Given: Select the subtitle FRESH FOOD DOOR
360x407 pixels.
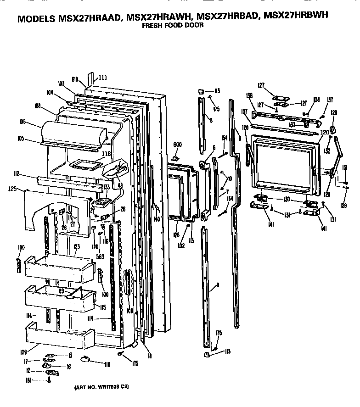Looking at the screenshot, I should (172, 26).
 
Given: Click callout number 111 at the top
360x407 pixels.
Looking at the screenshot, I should (102, 78).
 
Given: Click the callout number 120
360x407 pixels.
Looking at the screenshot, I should (325, 132).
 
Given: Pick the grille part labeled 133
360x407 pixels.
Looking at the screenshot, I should (101, 201).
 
